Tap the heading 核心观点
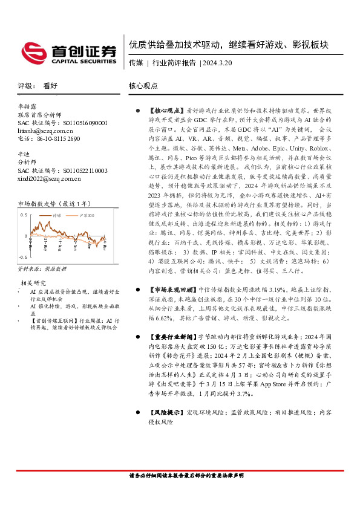click(143, 86)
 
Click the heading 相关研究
click(34, 282)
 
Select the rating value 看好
click(50, 86)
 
